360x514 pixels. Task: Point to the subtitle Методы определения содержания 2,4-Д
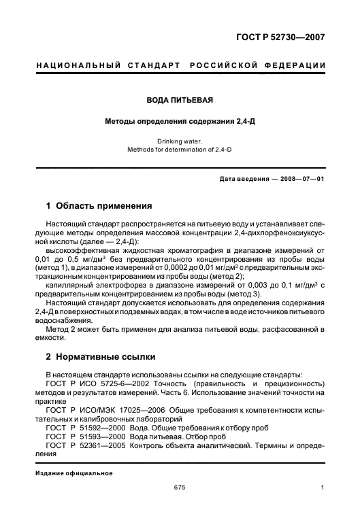pyautogui.click(x=180, y=122)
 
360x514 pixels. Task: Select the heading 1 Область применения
pyautogui.click(x=99, y=205)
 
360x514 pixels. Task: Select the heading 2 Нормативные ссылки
pyautogui.click(x=100, y=356)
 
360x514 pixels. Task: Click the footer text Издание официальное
pyautogui.click(x=73, y=473)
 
